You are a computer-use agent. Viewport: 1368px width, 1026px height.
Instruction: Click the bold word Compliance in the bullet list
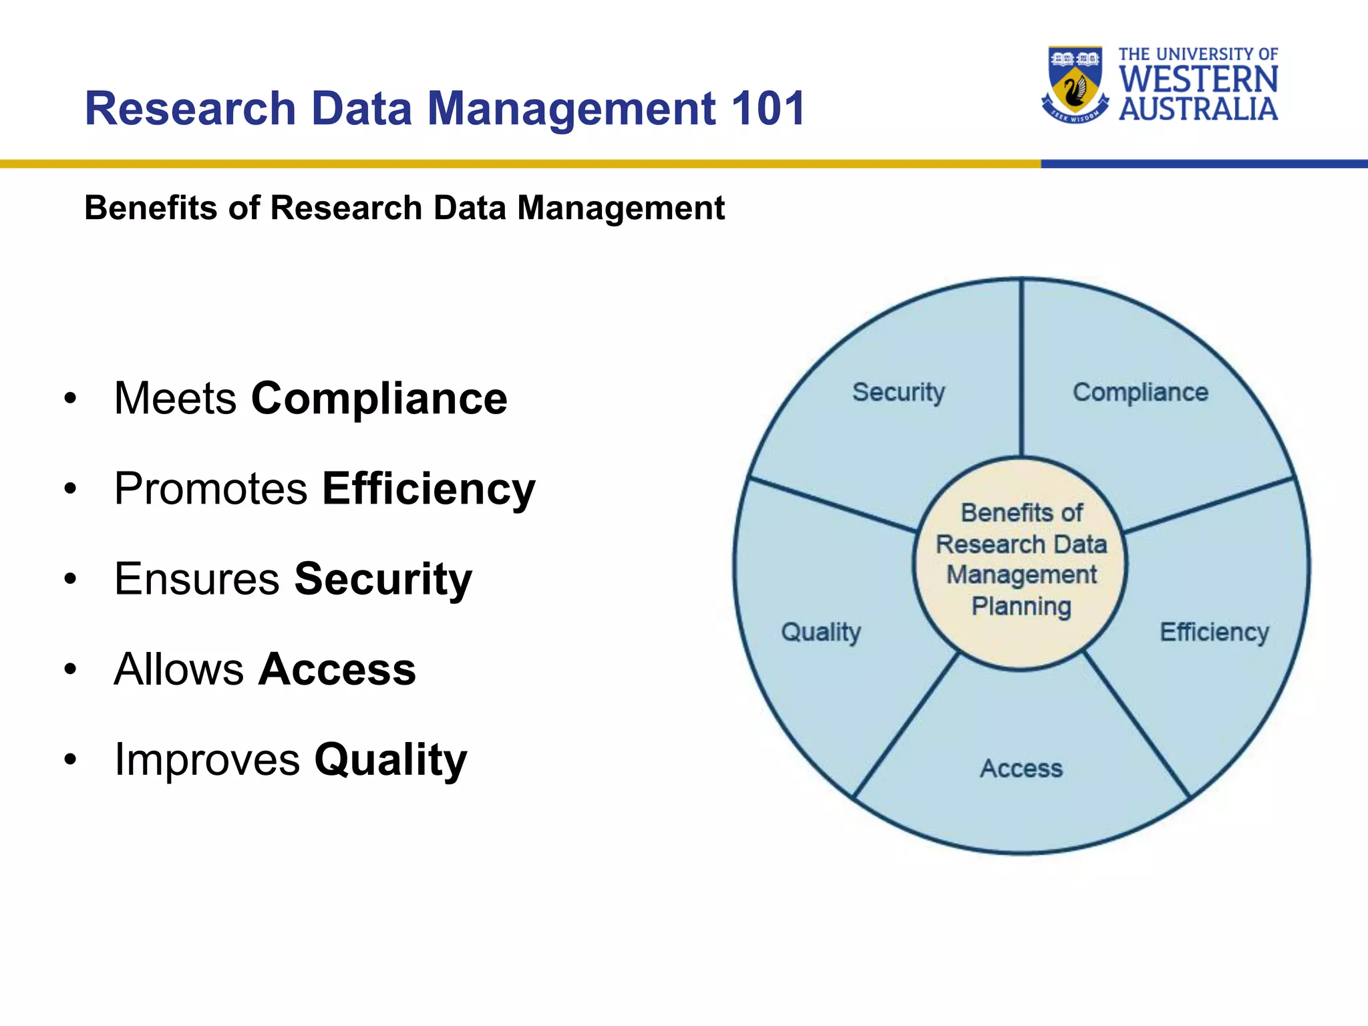coord(379,399)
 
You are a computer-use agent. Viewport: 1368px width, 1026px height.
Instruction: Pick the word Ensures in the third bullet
coord(196,579)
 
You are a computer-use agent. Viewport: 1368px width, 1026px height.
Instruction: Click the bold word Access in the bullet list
coord(337,669)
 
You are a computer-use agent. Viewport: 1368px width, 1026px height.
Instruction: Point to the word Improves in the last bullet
coord(207,759)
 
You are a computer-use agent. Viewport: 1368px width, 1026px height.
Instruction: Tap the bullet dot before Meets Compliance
coord(71,399)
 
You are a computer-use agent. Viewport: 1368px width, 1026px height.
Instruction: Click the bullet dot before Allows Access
coord(71,670)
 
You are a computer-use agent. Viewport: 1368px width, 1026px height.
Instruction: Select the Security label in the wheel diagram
coord(898,392)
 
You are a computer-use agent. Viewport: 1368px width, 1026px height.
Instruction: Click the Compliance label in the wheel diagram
coord(1140,392)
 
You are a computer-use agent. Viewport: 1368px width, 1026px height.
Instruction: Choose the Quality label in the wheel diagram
coord(821,631)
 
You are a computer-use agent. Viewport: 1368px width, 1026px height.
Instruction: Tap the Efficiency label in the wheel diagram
coord(1214,631)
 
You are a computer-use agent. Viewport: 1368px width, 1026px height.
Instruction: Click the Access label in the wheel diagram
coord(1021,768)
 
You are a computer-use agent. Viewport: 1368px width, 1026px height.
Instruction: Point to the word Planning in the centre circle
coord(1021,607)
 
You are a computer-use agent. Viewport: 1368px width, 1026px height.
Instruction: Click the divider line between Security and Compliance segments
coord(1021,367)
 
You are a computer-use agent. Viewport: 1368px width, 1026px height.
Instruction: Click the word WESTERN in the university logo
coord(1198,79)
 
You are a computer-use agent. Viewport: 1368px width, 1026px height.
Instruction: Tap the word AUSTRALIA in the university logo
coord(1198,109)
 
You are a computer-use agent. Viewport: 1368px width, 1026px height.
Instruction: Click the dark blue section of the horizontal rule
coord(1202,164)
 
